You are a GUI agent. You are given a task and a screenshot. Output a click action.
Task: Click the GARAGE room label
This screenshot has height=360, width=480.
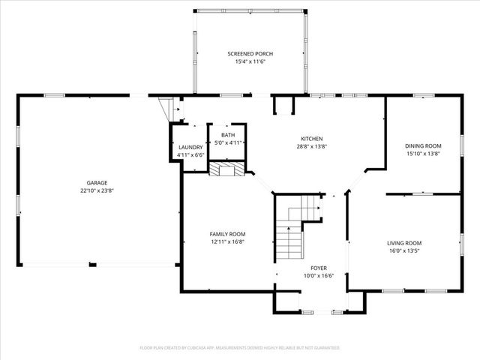pos(96,183)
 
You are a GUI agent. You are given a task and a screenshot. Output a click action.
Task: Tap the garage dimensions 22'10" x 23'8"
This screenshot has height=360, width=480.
pos(96,190)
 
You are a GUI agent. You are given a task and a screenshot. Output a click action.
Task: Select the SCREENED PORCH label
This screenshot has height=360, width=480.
pos(250,54)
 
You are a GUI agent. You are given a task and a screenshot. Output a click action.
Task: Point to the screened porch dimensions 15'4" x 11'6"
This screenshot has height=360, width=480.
pos(250,61)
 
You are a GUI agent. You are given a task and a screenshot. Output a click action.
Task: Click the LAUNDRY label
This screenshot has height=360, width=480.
pos(190,147)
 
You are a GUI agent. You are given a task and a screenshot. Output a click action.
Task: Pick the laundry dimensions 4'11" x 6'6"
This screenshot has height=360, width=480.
pos(190,154)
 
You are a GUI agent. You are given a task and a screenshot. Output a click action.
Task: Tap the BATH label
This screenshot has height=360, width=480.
pos(227,135)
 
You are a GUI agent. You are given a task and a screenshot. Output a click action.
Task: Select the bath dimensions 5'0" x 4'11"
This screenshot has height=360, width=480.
pos(227,142)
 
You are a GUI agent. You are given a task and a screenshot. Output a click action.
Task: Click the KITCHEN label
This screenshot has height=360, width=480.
pos(311,139)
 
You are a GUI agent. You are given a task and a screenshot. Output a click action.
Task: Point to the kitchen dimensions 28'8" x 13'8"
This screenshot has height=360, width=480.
pos(311,147)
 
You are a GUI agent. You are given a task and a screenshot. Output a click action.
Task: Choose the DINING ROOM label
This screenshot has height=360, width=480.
pos(423,145)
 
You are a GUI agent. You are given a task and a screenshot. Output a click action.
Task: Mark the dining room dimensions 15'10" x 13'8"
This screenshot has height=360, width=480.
pos(423,153)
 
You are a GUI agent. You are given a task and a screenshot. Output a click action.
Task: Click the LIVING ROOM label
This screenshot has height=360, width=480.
pos(404,243)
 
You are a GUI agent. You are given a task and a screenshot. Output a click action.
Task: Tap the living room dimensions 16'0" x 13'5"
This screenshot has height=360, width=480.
pos(404,250)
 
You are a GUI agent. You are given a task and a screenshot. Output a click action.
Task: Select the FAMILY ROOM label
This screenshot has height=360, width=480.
pos(227,234)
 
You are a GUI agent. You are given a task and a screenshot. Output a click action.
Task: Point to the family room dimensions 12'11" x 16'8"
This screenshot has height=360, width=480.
pos(227,241)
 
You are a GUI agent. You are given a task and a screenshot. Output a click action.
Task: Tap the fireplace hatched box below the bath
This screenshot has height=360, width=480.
pos(226,169)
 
